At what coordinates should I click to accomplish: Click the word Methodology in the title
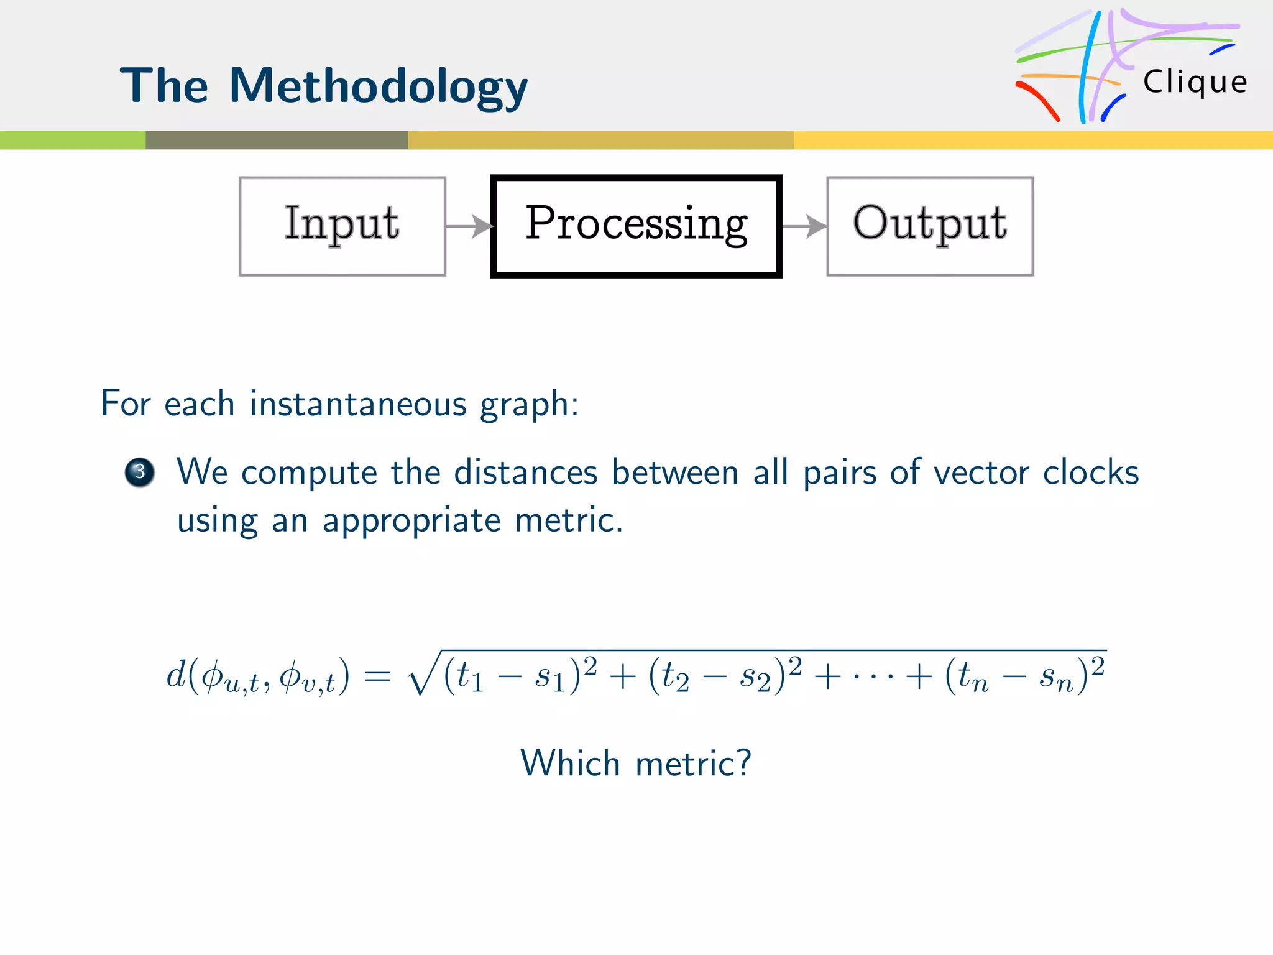pos(379,87)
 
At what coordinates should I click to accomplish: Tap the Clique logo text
pos(1195,82)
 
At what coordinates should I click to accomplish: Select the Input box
pos(342,226)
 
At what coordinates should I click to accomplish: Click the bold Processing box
pos(636,226)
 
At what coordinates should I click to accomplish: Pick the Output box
pos(930,226)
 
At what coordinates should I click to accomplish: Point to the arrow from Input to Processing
pos(469,226)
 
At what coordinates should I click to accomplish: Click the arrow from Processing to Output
pos(804,226)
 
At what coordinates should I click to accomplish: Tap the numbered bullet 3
pos(140,472)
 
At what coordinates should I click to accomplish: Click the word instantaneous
pos(357,404)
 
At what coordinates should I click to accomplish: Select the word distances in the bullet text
pos(525,472)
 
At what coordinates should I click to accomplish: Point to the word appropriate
pos(411,521)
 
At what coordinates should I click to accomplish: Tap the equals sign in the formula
pos(377,676)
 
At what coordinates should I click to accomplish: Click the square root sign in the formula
pos(423,675)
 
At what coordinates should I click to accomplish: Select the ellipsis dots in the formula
pos(873,676)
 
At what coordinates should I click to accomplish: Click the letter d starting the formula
pos(176,674)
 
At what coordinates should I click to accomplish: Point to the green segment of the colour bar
pos(73,140)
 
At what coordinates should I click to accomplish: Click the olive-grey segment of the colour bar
pos(277,140)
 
